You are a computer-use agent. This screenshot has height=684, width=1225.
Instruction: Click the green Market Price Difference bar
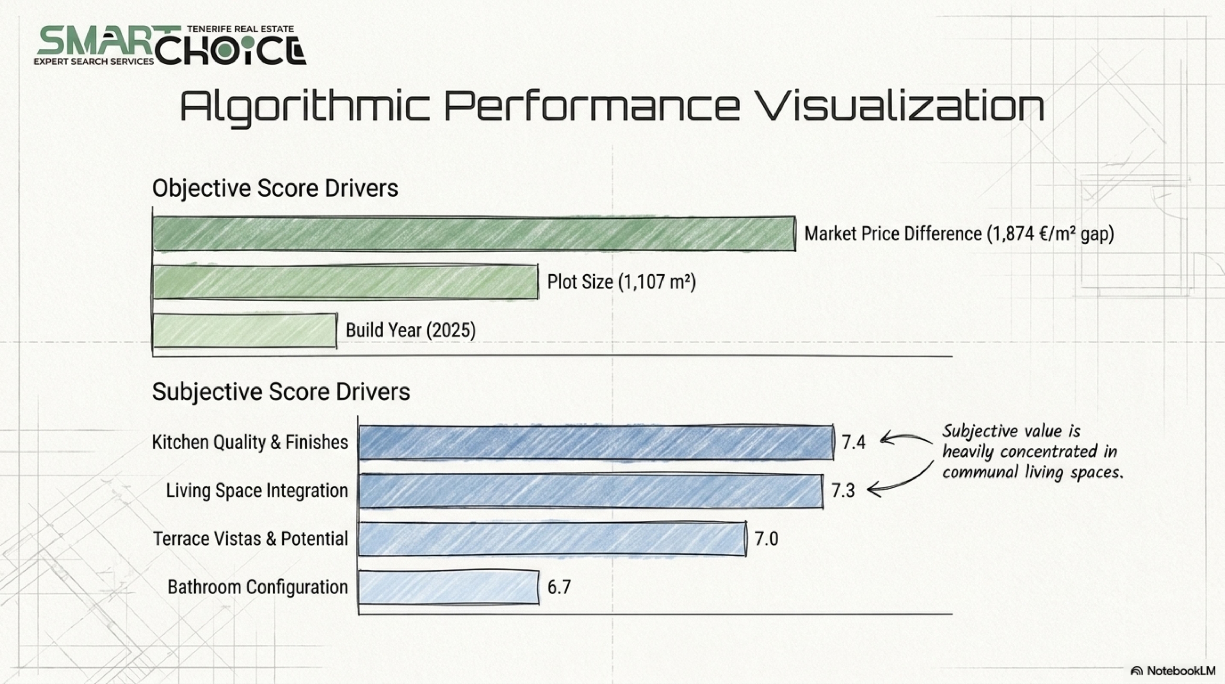click(x=474, y=234)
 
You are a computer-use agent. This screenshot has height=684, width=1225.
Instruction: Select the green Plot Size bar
click(x=345, y=282)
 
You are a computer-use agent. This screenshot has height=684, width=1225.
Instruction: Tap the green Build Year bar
click(x=245, y=330)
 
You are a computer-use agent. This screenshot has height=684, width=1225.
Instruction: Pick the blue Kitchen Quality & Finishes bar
click(x=596, y=442)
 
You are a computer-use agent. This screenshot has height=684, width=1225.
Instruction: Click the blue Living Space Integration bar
click(x=591, y=491)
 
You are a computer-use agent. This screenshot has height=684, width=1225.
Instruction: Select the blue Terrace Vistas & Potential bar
click(x=552, y=538)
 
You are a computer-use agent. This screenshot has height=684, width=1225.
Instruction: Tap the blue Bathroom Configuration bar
click(x=449, y=587)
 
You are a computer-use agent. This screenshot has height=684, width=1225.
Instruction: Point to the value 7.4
click(x=854, y=442)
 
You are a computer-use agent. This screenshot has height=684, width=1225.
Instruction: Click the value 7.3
click(x=843, y=491)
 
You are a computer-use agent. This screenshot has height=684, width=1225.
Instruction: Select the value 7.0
click(x=767, y=539)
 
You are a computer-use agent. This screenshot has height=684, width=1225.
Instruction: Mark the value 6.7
click(x=559, y=587)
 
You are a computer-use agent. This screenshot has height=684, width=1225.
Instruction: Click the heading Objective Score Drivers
click(x=275, y=188)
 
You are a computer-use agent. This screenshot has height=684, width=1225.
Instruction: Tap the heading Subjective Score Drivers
click(x=281, y=392)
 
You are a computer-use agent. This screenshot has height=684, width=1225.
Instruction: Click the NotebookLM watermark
click(x=1173, y=671)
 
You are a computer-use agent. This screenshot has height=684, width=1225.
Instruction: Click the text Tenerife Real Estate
click(x=240, y=29)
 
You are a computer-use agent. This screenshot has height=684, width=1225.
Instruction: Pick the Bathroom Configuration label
click(x=258, y=587)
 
